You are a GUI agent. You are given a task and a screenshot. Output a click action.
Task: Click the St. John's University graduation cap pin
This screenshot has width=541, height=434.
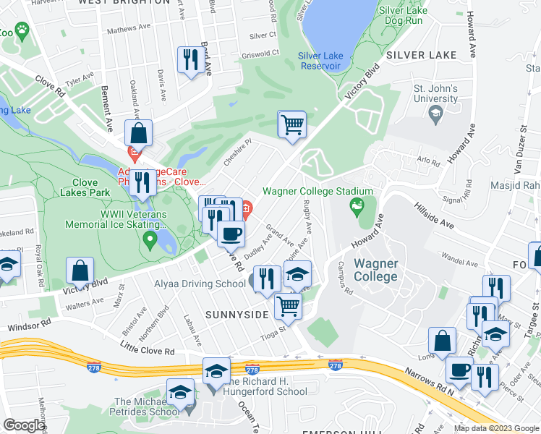click(x=435, y=113)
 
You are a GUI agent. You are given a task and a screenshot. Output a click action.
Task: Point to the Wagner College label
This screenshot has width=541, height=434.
click(x=375, y=270)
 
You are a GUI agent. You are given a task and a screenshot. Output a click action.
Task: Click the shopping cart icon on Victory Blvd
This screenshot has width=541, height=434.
click(x=292, y=124)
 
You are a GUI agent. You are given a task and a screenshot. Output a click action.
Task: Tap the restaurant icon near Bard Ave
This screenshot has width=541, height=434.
click(x=191, y=60)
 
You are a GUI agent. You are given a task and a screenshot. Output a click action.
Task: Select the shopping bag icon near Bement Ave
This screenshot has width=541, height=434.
click(x=137, y=133)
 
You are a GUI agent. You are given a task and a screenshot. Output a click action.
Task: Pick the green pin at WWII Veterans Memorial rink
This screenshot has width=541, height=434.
click(x=150, y=238)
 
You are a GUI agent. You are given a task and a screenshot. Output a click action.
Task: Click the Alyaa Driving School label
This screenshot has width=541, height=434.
click(x=199, y=284)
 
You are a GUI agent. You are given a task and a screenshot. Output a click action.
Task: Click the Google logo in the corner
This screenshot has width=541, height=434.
click(x=24, y=425)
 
